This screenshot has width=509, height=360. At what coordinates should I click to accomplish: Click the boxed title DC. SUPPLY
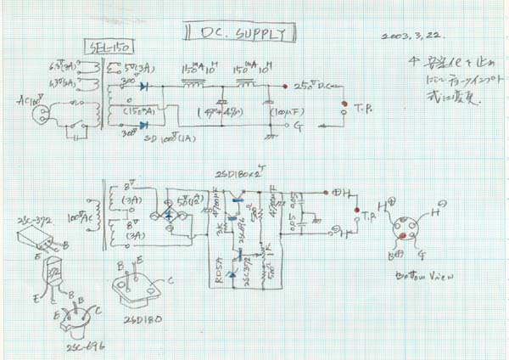coord(241,33)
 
